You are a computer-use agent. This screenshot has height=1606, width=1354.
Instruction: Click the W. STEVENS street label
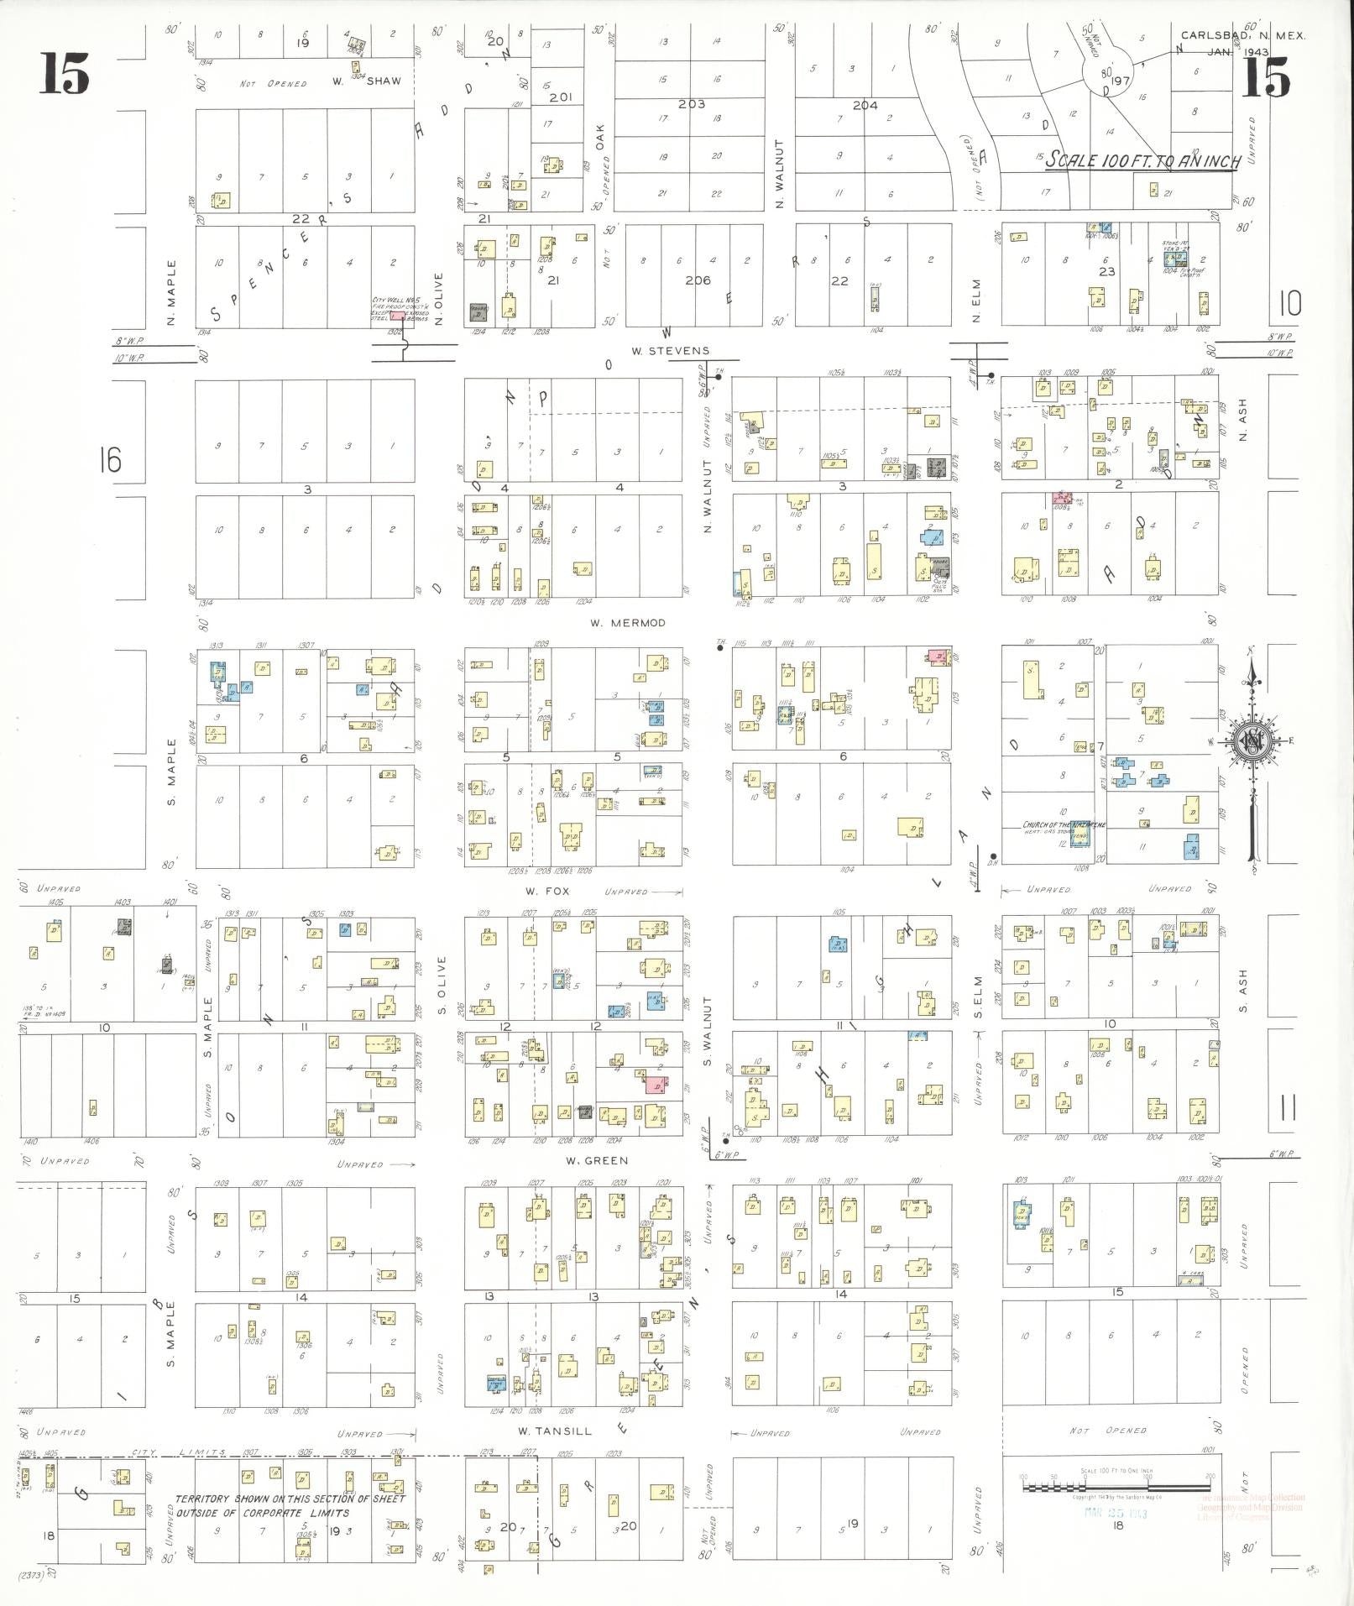click(670, 351)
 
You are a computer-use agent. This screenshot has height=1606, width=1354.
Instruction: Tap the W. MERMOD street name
click(627, 623)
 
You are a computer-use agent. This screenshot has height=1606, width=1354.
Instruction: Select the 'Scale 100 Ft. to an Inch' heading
click(1142, 161)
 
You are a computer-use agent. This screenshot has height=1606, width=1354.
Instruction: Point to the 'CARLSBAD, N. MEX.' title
click(1243, 36)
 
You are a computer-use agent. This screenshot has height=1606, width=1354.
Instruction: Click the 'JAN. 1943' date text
click(1238, 52)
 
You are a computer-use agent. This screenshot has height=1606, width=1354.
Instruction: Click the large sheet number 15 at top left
click(64, 75)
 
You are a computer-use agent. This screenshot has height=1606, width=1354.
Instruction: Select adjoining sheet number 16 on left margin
click(109, 460)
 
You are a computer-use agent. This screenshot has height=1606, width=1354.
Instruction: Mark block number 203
click(692, 104)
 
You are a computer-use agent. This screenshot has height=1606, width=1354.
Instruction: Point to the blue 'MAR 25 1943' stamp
click(1115, 1513)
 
